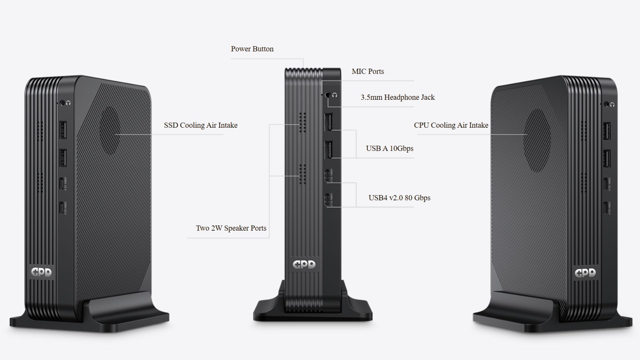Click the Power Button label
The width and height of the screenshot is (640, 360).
[x=252, y=49]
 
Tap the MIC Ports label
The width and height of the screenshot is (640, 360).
[x=368, y=71]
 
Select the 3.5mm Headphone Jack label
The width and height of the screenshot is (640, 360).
[x=398, y=97]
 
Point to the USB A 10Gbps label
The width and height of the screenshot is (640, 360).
[x=389, y=148]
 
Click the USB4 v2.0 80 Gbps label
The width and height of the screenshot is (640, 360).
[x=399, y=198]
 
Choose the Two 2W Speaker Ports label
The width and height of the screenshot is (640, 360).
[x=231, y=228]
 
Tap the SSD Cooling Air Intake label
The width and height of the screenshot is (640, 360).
[x=201, y=125]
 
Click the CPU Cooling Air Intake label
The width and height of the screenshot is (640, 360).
[x=451, y=125]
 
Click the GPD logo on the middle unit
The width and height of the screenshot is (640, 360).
[x=304, y=265]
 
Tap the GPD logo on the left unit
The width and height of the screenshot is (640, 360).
[x=41, y=272]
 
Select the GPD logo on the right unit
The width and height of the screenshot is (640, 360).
[x=585, y=273]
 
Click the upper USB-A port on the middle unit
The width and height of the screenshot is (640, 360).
[x=328, y=123]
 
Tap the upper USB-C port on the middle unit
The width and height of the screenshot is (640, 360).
[x=327, y=175]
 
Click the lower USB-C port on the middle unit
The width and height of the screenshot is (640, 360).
[x=327, y=200]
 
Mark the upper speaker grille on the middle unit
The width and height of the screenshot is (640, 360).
[x=302, y=122]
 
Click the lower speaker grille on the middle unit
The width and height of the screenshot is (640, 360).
[x=302, y=174]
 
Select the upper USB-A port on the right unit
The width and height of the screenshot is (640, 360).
[x=607, y=131]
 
